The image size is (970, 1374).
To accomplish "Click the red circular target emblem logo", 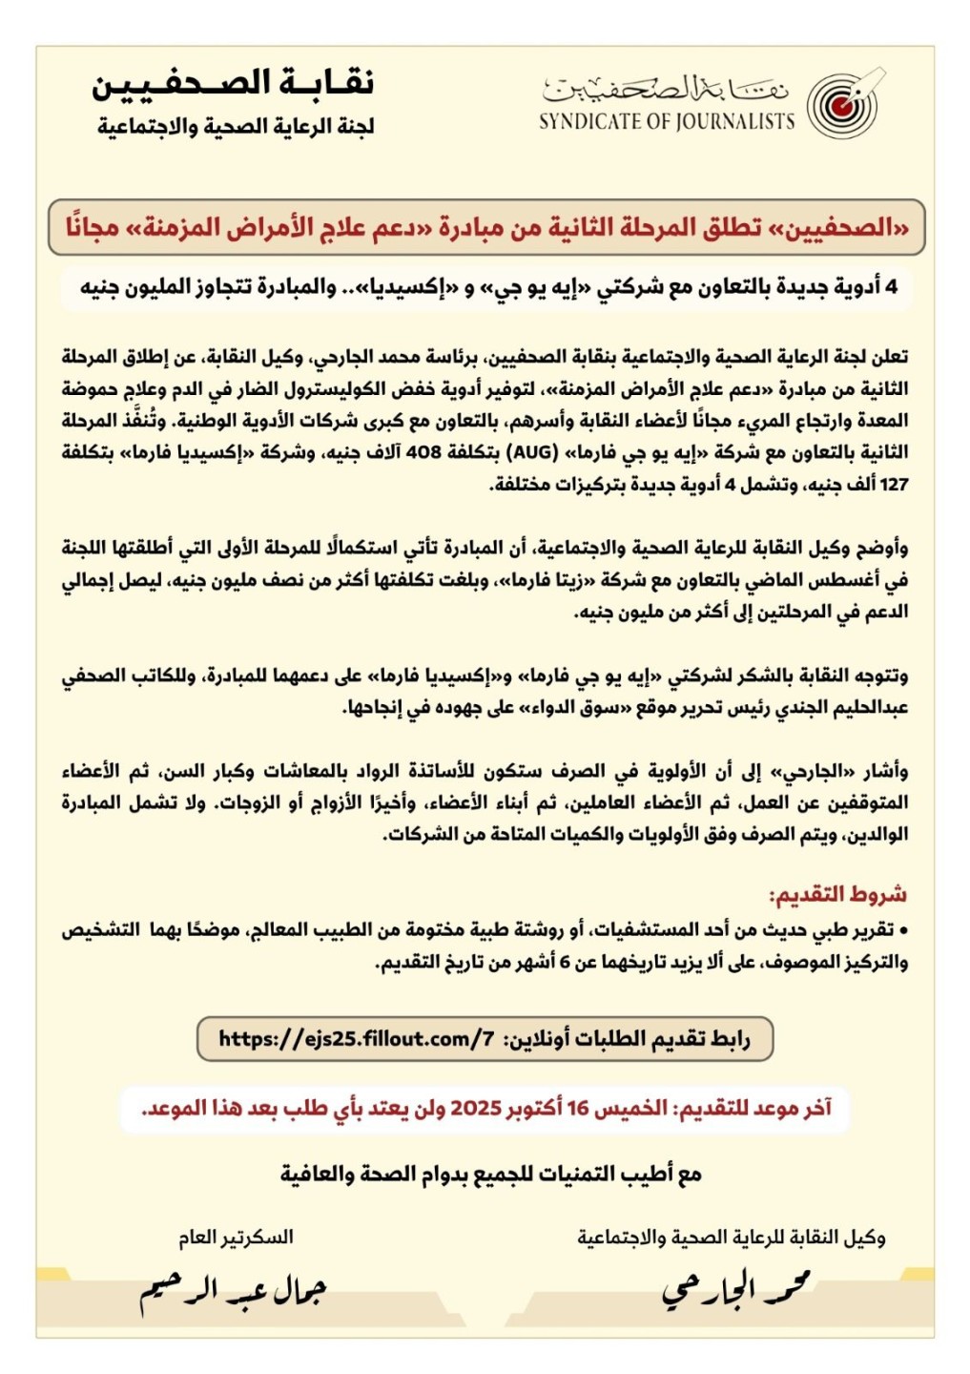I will coord(841,104).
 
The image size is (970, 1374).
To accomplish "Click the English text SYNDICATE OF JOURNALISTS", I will coord(666,122).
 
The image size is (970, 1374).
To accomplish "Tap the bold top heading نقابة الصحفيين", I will coord(233,83).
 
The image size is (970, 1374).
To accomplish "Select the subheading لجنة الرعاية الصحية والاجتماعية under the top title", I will coord(236,127).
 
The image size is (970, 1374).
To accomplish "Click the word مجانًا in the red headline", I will coord(93,228).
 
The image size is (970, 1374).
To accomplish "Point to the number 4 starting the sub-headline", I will coord(891,287).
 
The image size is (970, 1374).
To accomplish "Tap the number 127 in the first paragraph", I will coord(894,485).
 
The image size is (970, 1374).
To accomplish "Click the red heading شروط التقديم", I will coord(837,895).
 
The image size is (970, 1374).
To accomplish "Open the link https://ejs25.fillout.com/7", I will coord(356,1039).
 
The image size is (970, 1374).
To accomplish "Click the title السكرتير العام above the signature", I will coord(236,1238).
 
